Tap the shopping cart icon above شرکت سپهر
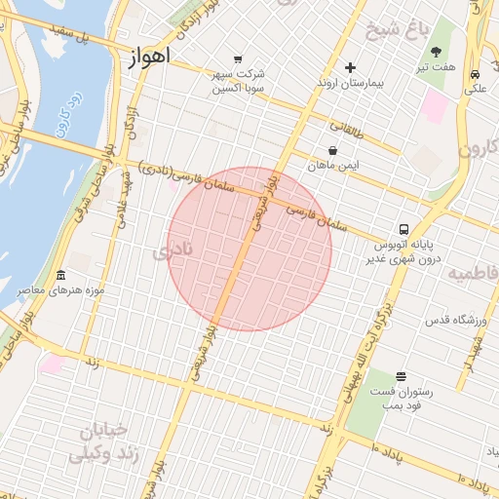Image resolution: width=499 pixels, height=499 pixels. pos(237,58)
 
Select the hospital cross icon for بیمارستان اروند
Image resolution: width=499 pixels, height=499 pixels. pos(350,67)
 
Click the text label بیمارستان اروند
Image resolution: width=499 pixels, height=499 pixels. pos(351,84)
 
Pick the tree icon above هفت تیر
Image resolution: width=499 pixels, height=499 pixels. pos(436,52)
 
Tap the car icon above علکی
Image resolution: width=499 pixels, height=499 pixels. pos(475,74)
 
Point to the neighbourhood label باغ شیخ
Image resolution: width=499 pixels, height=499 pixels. pos(397,29)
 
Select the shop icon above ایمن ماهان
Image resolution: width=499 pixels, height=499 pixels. pos(334,151)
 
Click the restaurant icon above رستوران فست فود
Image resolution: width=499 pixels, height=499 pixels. pos(401,376)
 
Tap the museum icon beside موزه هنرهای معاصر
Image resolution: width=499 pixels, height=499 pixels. pos(60,275)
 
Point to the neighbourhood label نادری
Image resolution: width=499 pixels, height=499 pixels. pos(173,251)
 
